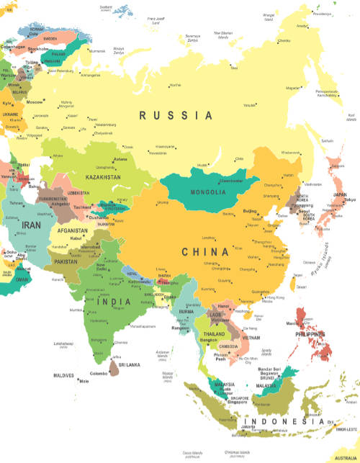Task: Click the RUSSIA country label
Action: click(176, 115)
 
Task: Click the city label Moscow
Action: click(35, 102)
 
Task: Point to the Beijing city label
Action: click(249, 211)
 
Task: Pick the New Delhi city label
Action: click(99, 261)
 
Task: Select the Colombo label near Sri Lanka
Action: click(99, 373)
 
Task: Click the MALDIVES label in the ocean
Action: click(63, 375)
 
